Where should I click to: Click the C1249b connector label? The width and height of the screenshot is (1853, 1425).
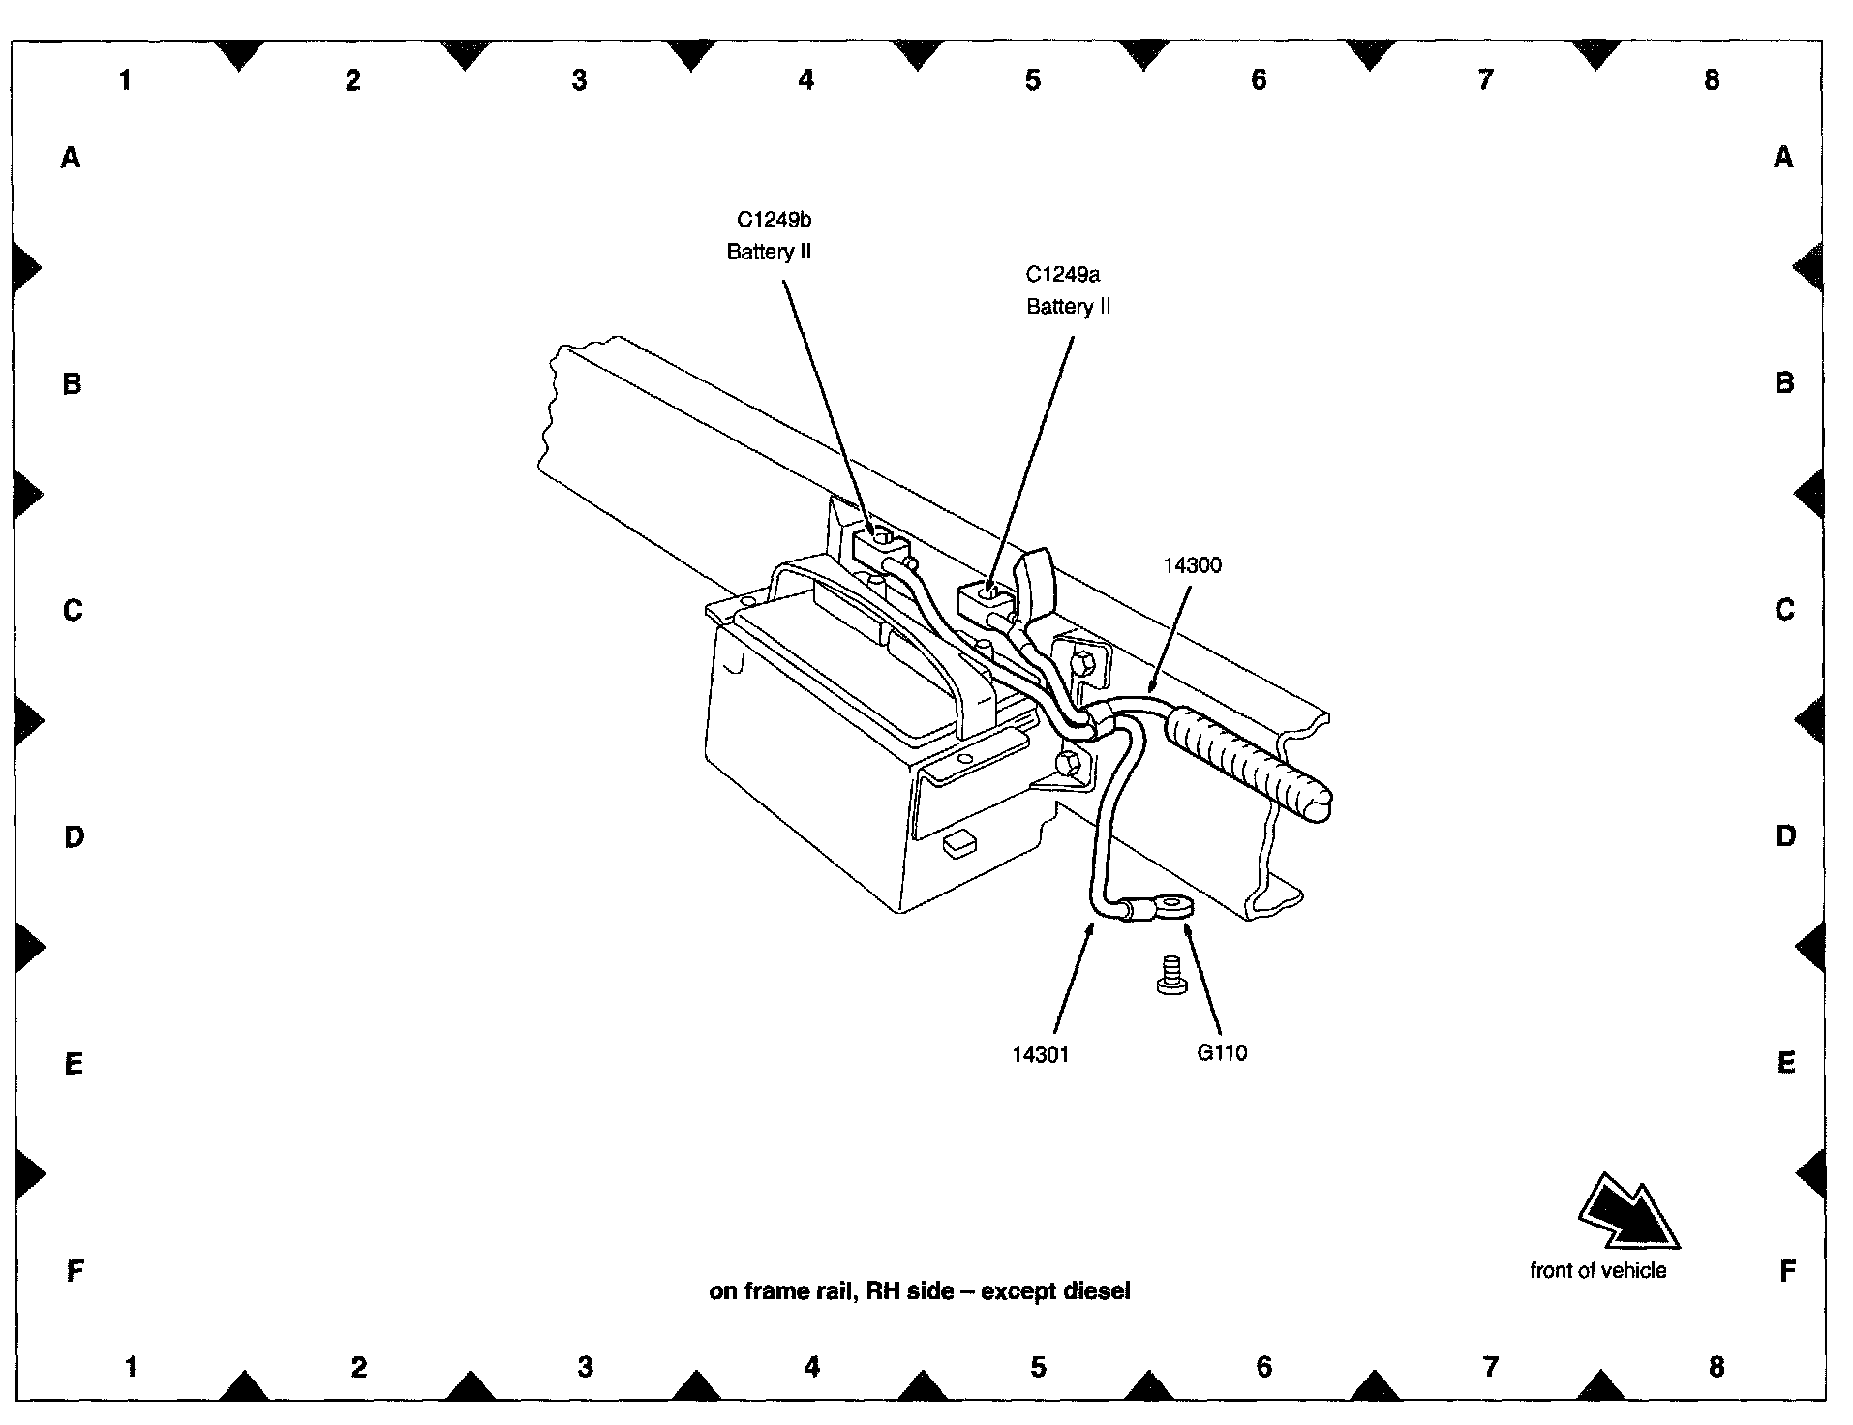tap(773, 220)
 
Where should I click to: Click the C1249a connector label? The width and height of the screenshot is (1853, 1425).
tap(1062, 275)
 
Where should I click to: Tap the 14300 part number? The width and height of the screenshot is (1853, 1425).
tap(1192, 565)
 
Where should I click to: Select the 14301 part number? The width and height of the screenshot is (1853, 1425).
tap(1041, 1054)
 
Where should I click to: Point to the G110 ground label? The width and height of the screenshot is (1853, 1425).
tap(1222, 1052)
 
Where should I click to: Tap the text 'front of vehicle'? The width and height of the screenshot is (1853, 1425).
tap(1597, 1270)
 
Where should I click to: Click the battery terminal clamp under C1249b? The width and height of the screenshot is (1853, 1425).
tap(878, 546)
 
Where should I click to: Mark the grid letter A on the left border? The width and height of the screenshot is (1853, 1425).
tap(71, 157)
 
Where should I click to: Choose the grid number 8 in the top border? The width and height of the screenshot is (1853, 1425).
tap(1711, 79)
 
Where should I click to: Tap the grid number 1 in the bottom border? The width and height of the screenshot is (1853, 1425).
tap(131, 1366)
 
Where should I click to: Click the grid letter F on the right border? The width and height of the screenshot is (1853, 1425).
tap(1786, 1270)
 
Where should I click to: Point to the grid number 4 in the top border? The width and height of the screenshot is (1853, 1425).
tap(805, 79)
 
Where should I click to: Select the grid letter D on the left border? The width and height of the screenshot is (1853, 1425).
tap(74, 836)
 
